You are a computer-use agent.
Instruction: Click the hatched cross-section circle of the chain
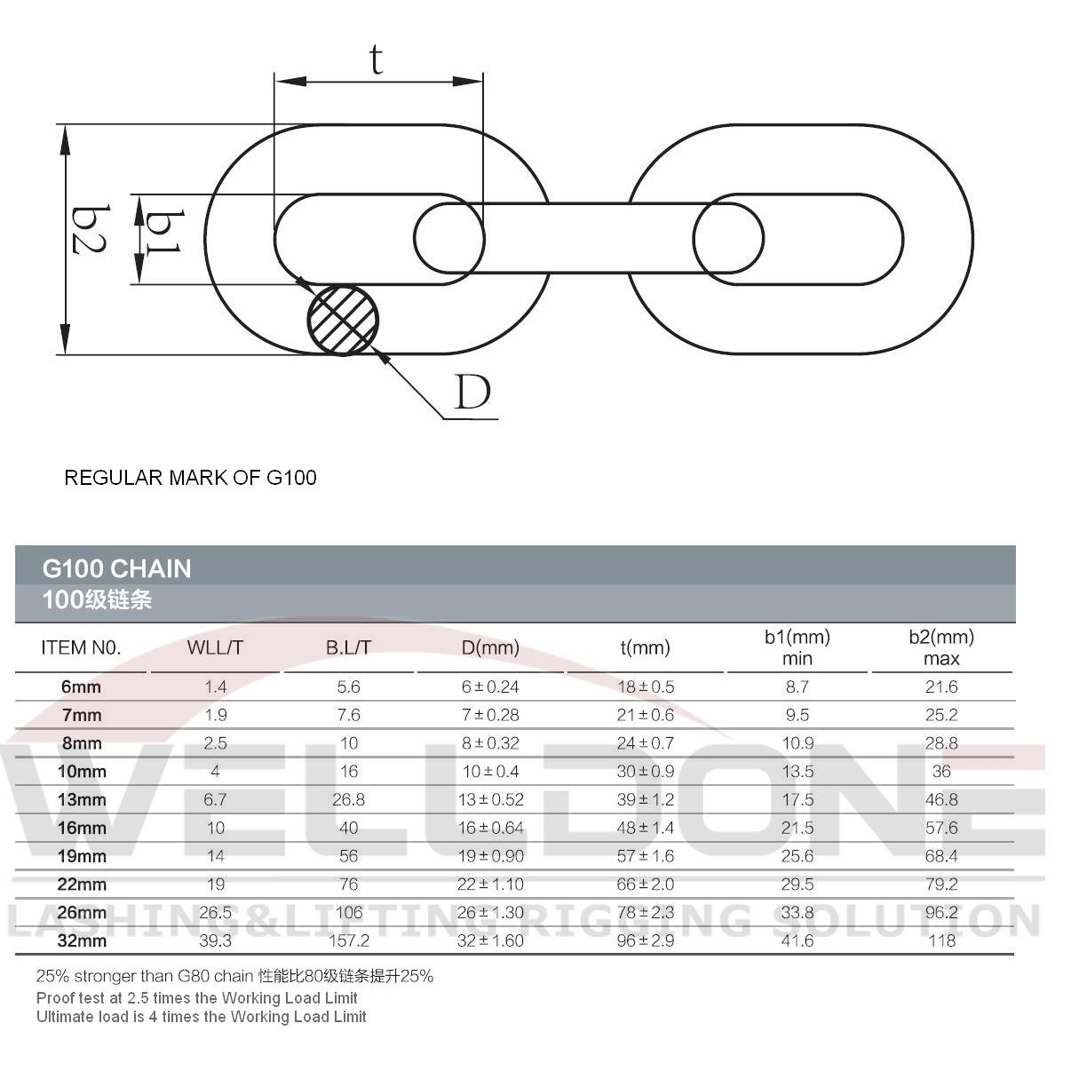coord(343,321)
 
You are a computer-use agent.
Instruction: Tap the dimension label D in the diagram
coord(472,393)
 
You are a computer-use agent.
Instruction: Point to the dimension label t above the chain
coord(377,59)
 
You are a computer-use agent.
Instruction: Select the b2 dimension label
coord(90,229)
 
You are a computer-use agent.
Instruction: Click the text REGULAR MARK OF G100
coord(190,478)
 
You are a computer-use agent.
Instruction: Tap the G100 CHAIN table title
coord(116,568)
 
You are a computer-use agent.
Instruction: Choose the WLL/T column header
coord(215,648)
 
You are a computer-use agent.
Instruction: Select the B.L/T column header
coord(348,648)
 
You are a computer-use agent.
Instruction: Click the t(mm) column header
coord(645,648)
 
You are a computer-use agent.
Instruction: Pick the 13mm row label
coord(82,800)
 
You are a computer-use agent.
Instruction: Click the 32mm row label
coord(82,940)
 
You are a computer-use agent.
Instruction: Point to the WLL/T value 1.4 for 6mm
coord(215,687)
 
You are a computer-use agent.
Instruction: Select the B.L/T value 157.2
coord(348,940)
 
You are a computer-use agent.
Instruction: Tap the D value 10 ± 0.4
coord(490,772)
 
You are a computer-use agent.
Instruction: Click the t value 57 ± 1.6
coord(645,856)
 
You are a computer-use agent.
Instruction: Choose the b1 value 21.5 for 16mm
coord(797,828)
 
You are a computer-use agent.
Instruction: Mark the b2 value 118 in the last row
coord(941,940)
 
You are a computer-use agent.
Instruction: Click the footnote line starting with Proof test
coord(196,998)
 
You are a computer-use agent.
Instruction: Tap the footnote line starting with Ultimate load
coord(201,1017)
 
